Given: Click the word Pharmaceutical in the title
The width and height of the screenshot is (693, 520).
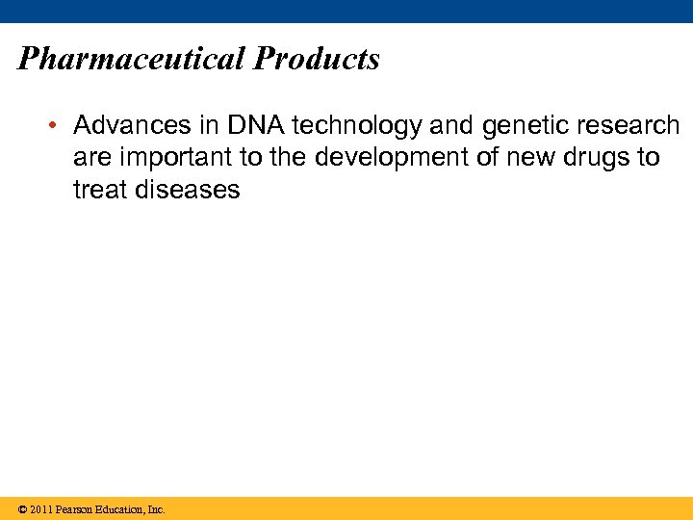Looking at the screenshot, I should point(132,60).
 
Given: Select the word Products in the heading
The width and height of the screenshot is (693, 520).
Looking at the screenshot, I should point(317,60).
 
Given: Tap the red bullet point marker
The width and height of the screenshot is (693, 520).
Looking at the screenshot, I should point(57,126).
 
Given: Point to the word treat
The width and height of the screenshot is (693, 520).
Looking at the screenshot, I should point(100,190).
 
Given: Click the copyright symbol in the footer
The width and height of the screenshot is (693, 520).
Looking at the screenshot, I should point(21,509).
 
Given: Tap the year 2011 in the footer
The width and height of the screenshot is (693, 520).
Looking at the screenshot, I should point(40,509).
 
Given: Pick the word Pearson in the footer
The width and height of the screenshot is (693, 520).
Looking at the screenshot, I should point(75,509).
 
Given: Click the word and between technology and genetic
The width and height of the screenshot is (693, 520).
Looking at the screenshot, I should point(449,126).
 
